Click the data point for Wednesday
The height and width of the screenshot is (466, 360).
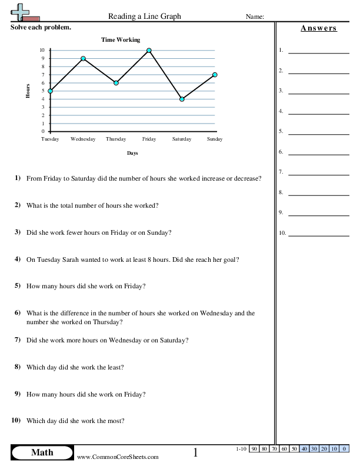coord(83,58)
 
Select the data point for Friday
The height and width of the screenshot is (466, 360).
coord(149,51)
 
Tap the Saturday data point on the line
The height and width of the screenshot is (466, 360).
coord(182,99)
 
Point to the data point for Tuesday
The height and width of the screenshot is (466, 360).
coord(50,91)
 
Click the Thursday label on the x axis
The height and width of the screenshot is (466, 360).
coord(116,139)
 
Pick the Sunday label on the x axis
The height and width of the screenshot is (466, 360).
coord(215,139)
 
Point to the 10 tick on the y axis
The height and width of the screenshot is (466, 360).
coord(42,51)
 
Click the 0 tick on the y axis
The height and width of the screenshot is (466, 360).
coord(44,131)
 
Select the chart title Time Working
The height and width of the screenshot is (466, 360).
coord(121,40)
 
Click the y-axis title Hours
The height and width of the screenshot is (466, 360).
coord(28,91)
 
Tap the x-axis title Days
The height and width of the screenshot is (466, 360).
coord(132,153)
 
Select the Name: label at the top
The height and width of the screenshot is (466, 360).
coord(254,17)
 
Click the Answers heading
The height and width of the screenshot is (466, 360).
coord(318,28)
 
